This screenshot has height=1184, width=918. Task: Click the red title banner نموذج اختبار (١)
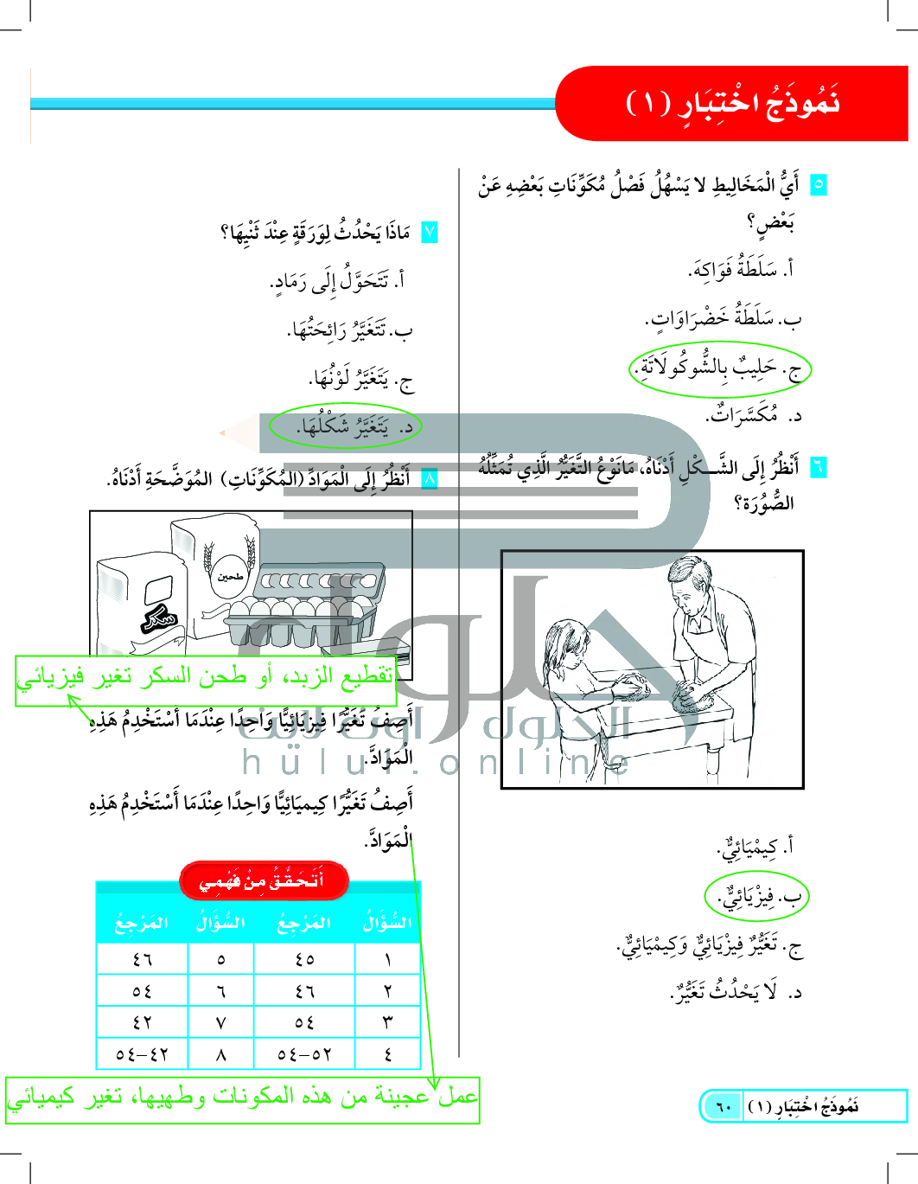pos(731,104)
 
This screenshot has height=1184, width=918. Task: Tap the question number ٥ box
pos(818,184)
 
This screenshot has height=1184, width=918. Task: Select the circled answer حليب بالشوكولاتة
pos(719,368)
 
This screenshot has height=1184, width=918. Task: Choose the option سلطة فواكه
pos(741,270)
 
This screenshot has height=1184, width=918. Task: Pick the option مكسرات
pos(752,415)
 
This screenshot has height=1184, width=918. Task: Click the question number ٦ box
pos(818,467)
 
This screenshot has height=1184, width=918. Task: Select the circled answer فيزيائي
pos(755,897)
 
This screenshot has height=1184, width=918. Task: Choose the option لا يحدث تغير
pos(735,992)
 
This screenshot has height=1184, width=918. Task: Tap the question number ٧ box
pos(429,232)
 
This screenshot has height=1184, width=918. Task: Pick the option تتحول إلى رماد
pos(337,282)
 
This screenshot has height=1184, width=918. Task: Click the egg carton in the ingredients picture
pos(307,605)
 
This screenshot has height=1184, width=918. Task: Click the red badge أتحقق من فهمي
pos(264,880)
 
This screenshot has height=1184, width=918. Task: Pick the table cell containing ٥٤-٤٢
pos(142,1054)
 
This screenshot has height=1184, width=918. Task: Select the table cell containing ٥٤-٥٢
pos(304,1054)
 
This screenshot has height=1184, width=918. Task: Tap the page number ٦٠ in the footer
pos(723,1106)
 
